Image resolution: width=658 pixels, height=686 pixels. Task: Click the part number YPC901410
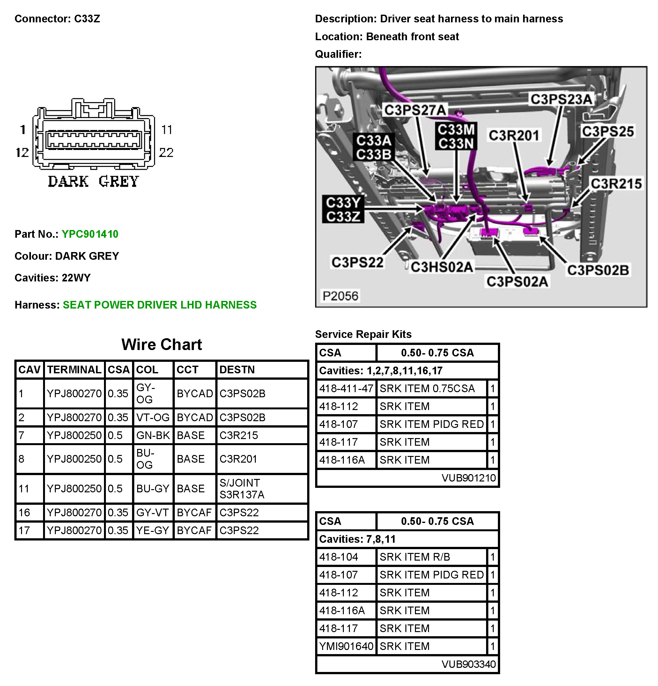(x=90, y=234)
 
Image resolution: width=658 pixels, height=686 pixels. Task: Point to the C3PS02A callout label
(x=517, y=281)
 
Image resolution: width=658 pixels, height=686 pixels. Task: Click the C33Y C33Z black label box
(x=343, y=209)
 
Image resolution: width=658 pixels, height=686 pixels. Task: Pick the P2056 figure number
(x=340, y=296)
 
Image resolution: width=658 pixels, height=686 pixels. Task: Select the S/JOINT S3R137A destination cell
(x=242, y=488)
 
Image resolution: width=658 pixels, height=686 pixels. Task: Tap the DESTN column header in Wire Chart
(x=237, y=369)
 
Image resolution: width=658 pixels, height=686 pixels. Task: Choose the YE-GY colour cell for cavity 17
(x=152, y=530)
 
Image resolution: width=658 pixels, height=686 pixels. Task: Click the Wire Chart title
(x=162, y=344)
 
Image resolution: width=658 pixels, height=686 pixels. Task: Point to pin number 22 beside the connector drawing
(x=166, y=153)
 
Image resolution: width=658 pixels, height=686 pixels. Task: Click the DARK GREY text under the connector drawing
(x=93, y=181)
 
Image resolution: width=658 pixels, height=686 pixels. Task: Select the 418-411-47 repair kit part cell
(x=346, y=389)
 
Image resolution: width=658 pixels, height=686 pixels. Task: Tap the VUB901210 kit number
(x=469, y=477)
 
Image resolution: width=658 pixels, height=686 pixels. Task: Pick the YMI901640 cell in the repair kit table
(x=346, y=646)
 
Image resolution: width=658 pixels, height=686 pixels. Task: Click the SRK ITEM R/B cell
(x=415, y=557)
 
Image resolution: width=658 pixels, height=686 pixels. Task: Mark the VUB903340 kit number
(x=469, y=664)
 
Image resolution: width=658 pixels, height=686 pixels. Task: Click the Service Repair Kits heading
(x=363, y=334)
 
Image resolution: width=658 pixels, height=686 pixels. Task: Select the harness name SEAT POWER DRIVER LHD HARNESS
(x=159, y=305)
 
